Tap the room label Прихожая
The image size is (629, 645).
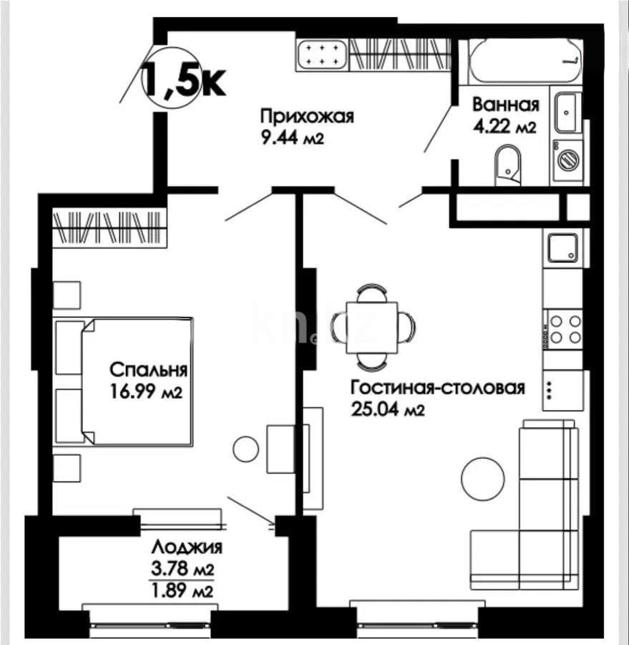pyautogui.click(x=306, y=117)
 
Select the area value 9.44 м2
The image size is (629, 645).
pyautogui.click(x=293, y=138)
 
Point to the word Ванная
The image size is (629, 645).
pyautogui.click(x=505, y=105)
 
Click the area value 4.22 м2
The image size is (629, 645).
pyautogui.click(x=504, y=127)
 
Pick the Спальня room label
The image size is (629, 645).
pyautogui.click(x=148, y=371)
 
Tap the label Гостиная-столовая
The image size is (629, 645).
pyautogui.click(x=437, y=388)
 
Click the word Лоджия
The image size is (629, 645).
pyautogui.click(x=186, y=548)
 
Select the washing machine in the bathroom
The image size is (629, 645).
pyautogui.click(x=568, y=159)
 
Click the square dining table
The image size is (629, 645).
pyautogui.click(x=371, y=326)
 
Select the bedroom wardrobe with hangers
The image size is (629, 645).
pyautogui.click(x=109, y=227)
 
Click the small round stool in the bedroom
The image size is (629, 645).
pyautogui.click(x=245, y=449)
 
